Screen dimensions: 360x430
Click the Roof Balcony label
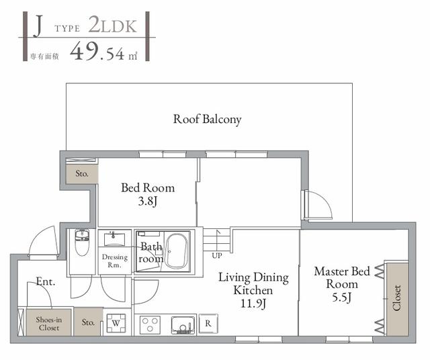207,120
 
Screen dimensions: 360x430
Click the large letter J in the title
38,28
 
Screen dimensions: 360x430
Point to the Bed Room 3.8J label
147,194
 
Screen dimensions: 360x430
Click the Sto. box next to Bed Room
81,173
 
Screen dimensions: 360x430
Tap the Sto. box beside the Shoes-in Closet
89,322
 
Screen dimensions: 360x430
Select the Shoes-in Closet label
48,323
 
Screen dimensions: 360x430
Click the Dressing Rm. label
115,261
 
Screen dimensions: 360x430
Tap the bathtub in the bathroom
178,251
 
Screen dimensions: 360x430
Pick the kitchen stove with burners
151,324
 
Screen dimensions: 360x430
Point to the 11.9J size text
253,303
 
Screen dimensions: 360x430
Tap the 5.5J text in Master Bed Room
342,296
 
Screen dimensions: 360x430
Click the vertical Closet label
397,298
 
